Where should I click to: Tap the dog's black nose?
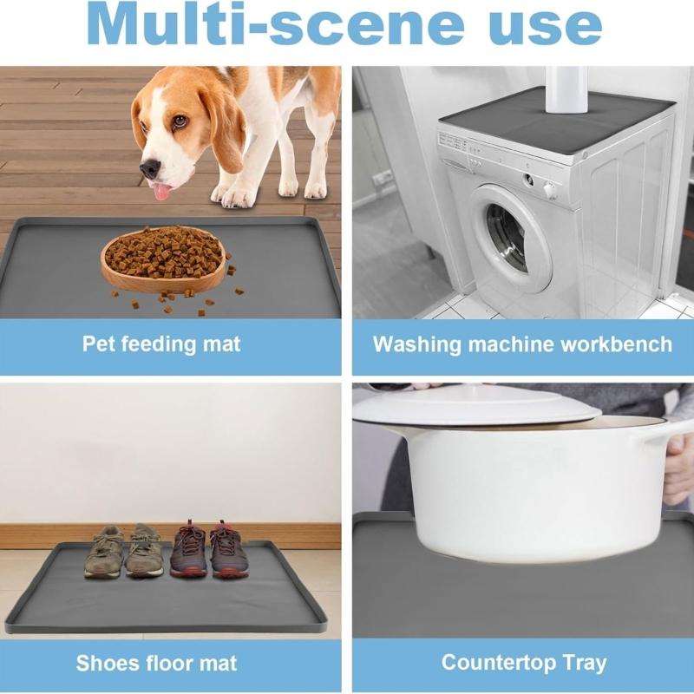[x=150, y=168]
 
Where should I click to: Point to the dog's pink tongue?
[x=160, y=189]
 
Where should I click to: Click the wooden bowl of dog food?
[x=164, y=258]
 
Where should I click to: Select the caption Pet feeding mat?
[x=161, y=344]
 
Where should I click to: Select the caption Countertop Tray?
[x=523, y=663]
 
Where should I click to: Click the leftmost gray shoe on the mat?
[x=104, y=553]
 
